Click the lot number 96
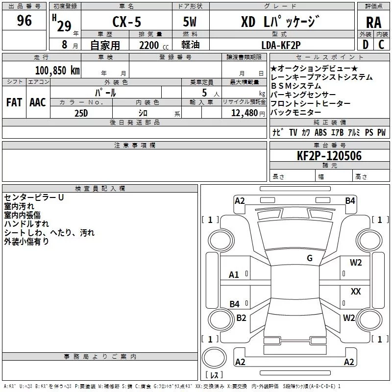24,21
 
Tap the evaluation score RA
373,22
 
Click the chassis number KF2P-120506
330,156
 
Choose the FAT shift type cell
14,102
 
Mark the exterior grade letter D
365,45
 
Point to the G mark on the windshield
310,258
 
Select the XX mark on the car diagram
356,292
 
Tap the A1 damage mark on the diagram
234,275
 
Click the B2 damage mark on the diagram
241,318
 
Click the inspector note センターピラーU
34,197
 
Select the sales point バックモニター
297,113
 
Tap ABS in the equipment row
320,132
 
